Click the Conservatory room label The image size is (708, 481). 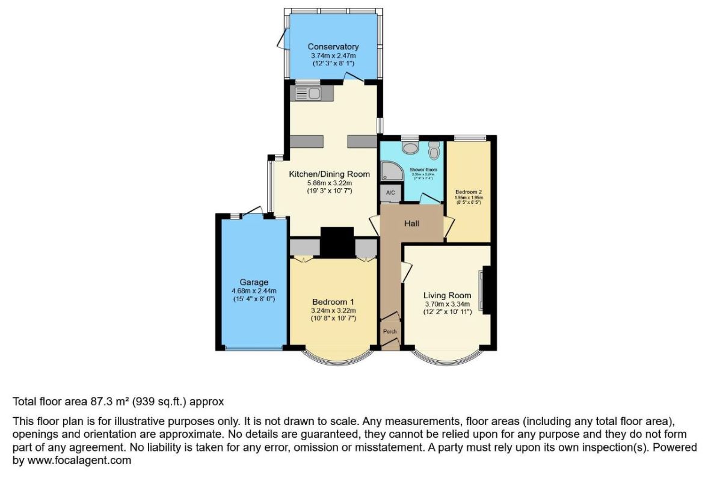pos(333,46)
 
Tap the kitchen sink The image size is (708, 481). pos(307,93)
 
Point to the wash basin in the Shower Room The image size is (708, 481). pos(411,147)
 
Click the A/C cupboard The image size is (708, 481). pos(390,192)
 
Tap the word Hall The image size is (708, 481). pos(411,223)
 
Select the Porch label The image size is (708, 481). pos(390,331)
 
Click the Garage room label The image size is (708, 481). pos(254,282)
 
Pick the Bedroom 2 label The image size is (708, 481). pos(469,192)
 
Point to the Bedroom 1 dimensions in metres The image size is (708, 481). pos(334,310)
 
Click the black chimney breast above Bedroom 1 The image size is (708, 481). pos(337,242)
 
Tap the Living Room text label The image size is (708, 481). pos(447,295)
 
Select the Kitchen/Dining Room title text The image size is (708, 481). pos(328,174)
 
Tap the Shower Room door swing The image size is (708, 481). pos(428,199)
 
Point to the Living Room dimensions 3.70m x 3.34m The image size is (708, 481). pos(447,304)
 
